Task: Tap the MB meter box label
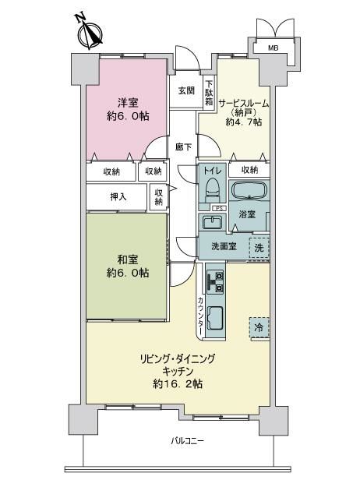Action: click(x=273, y=48)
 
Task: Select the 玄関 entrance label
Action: click(x=186, y=90)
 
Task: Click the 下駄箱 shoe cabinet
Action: click(x=209, y=93)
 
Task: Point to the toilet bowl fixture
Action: click(x=213, y=191)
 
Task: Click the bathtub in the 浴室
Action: click(x=249, y=190)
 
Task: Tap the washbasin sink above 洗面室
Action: click(x=213, y=222)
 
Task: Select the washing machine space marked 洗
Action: click(x=259, y=248)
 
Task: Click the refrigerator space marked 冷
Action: click(x=259, y=328)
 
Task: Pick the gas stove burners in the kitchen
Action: click(x=216, y=281)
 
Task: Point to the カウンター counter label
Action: click(x=200, y=316)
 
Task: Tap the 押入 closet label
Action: click(x=118, y=197)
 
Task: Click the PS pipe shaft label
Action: click(x=219, y=209)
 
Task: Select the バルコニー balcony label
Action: click(x=187, y=441)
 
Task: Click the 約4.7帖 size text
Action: click(x=244, y=122)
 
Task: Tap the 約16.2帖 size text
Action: click(x=178, y=383)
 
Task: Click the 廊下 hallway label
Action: click(x=183, y=147)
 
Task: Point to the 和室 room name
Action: click(x=128, y=260)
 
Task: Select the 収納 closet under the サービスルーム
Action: click(x=249, y=170)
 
